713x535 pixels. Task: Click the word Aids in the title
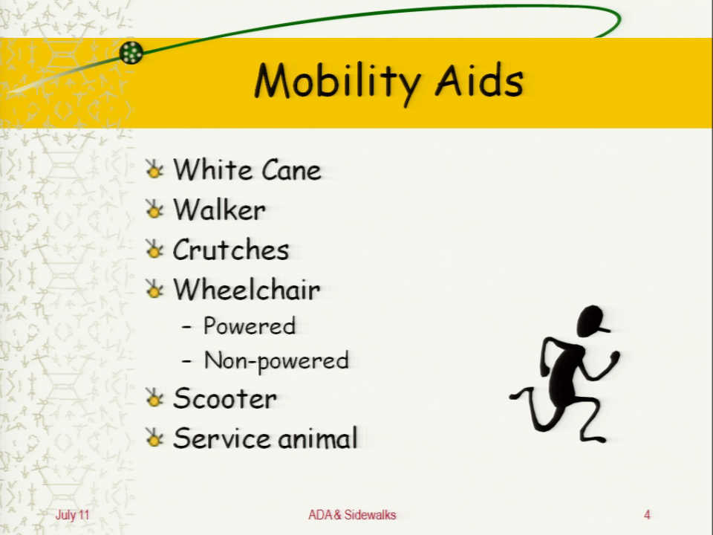pyautogui.click(x=479, y=80)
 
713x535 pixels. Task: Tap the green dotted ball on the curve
pyautogui.click(x=131, y=53)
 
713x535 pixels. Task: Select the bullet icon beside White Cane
pyautogui.click(x=154, y=169)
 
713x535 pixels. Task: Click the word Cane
pyautogui.click(x=291, y=170)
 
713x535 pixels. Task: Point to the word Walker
pyautogui.click(x=219, y=210)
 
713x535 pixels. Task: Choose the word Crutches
pyautogui.click(x=230, y=250)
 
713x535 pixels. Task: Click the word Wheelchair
pyautogui.click(x=247, y=289)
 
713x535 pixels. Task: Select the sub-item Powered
pyautogui.click(x=250, y=325)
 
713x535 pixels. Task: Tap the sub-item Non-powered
pyautogui.click(x=276, y=361)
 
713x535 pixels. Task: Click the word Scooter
pyautogui.click(x=224, y=398)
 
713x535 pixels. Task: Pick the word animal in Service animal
pyautogui.click(x=317, y=438)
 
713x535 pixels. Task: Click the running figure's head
pyautogui.click(x=592, y=321)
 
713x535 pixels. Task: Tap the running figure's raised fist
pyautogui.click(x=614, y=356)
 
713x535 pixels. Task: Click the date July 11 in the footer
pyautogui.click(x=72, y=515)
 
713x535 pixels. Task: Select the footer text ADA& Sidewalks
pyautogui.click(x=352, y=514)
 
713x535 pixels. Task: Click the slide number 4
pyautogui.click(x=647, y=514)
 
